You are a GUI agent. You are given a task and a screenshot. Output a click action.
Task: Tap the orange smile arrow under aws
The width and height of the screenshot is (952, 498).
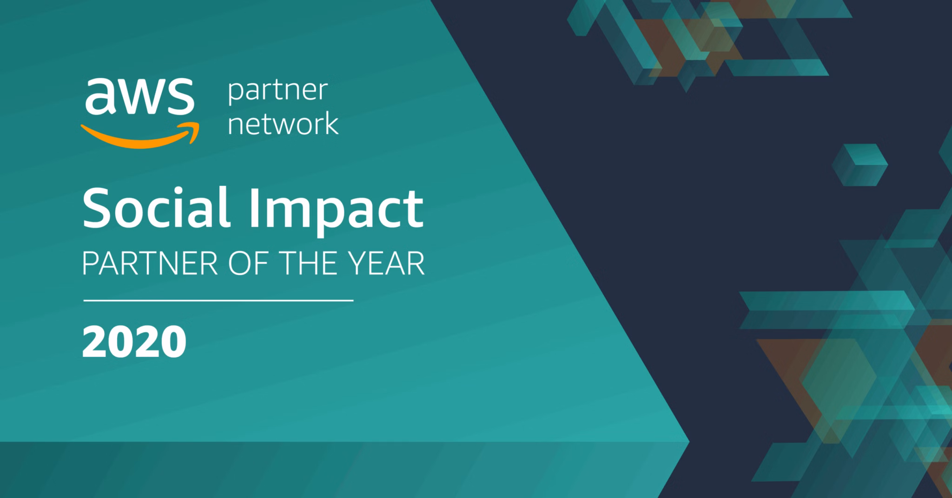click(x=140, y=136)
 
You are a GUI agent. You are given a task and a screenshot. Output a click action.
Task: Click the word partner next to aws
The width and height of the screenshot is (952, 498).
click(x=278, y=92)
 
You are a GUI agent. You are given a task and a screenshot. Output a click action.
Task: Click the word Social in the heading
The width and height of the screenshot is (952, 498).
click(x=156, y=207)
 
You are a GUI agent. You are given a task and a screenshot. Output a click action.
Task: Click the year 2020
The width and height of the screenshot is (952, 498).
click(x=134, y=341)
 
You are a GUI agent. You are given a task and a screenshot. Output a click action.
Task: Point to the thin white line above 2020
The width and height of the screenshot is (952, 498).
click(x=218, y=301)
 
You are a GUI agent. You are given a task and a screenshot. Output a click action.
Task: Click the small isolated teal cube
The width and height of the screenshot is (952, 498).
click(x=859, y=165)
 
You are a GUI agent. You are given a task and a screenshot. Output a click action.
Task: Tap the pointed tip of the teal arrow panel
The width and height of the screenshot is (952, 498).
click(x=688, y=442)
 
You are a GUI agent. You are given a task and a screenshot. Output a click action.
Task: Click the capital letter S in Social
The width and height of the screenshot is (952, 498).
click(x=98, y=207)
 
